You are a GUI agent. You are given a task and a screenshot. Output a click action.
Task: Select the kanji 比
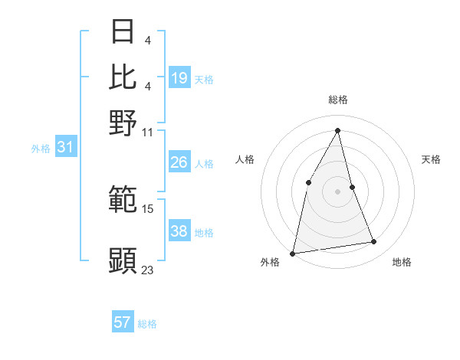(x=123, y=77)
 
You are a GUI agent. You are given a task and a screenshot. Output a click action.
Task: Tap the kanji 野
(x=123, y=123)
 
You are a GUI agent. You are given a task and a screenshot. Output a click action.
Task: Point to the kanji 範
(x=123, y=200)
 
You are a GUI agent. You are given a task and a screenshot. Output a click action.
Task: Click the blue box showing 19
(x=179, y=77)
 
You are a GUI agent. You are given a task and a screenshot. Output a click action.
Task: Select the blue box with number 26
(x=179, y=162)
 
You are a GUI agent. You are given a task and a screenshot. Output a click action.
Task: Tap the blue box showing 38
(x=179, y=231)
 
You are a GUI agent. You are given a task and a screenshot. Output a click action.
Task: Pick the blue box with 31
(x=65, y=147)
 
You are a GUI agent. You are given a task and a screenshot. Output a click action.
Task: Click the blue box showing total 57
(x=123, y=322)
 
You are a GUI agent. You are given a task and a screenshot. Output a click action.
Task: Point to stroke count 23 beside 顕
(x=148, y=269)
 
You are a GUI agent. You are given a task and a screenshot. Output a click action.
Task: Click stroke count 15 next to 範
(x=148, y=208)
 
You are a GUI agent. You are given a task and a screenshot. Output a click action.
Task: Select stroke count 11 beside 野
(x=148, y=132)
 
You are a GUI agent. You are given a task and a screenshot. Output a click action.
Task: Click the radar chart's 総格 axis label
(x=337, y=100)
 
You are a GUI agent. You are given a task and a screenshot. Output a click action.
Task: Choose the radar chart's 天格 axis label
(x=432, y=159)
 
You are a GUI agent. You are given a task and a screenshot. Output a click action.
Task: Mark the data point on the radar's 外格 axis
(x=293, y=253)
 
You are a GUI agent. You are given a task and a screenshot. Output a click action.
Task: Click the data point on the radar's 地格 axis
(x=374, y=242)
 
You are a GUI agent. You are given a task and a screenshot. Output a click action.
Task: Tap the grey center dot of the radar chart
(x=337, y=191)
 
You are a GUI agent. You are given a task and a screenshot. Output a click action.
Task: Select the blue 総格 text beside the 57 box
(x=148, y=324)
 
